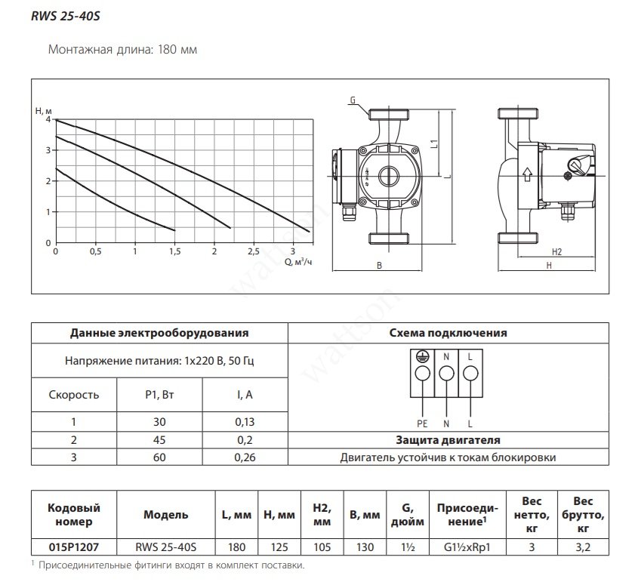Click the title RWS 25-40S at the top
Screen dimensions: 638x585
66,17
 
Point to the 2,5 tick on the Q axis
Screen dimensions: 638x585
254,252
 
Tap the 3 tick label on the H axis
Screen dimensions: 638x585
48,150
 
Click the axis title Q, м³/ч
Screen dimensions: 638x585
298,262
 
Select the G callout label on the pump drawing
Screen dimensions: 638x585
353,100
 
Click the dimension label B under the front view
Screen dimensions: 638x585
379,266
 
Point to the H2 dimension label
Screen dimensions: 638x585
556,252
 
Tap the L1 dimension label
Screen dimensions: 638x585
435,143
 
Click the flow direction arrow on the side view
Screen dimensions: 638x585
527,174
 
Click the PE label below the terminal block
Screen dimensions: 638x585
422,424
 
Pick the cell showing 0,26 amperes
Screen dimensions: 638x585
245,457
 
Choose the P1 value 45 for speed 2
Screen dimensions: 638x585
159,440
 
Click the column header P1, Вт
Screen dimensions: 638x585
159,395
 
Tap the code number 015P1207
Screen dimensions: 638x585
74,547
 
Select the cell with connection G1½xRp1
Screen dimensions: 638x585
467,547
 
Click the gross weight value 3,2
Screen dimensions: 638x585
583,547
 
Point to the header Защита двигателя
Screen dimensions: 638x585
448,440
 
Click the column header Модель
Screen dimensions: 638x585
165,515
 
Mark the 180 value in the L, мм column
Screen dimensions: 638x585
236,547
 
